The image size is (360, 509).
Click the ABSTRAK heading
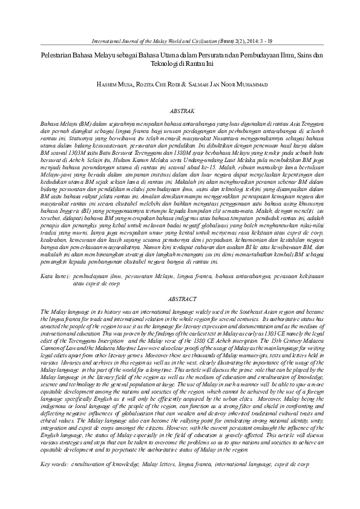point(180,112)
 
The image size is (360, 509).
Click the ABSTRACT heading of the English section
point(180,299)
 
